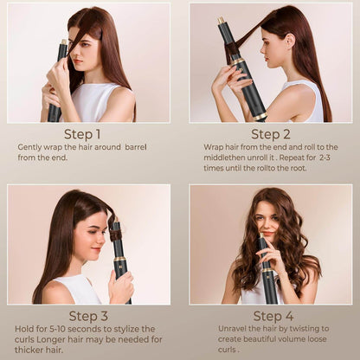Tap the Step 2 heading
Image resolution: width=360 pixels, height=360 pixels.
(271, 134)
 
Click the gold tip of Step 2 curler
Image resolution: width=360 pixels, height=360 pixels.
(222, 20)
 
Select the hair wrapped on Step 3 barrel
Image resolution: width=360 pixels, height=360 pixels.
(116, 232)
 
